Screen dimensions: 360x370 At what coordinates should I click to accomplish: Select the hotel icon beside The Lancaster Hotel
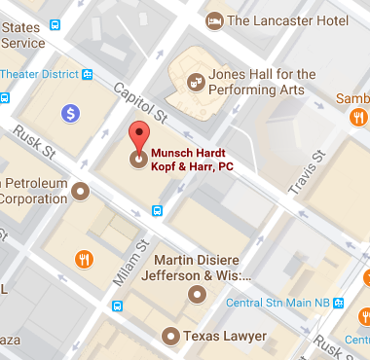(x=213, y=18)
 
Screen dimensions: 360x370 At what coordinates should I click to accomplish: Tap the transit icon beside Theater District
(x=88, y=73)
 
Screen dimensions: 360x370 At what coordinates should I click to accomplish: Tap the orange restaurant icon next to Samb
(x=356, y=117)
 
